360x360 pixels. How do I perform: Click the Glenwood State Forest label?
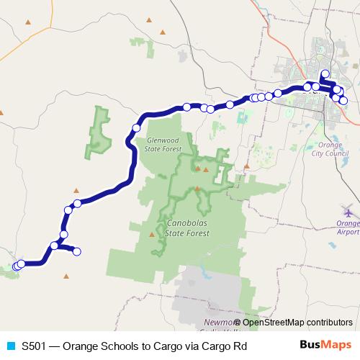[163, 145]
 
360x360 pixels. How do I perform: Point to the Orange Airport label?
[348, 228]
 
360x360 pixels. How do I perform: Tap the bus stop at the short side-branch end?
[77, 251]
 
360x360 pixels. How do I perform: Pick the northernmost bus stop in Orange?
[325, 73]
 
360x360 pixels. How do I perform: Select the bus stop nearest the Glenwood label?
[136, 128]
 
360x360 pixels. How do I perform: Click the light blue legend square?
[11, 346]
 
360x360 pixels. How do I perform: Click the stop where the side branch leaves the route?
[55, 246]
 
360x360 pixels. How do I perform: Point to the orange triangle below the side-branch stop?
[66, 275]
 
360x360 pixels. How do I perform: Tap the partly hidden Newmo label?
[217, 323]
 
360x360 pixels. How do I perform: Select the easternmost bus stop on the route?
[343, 101]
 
